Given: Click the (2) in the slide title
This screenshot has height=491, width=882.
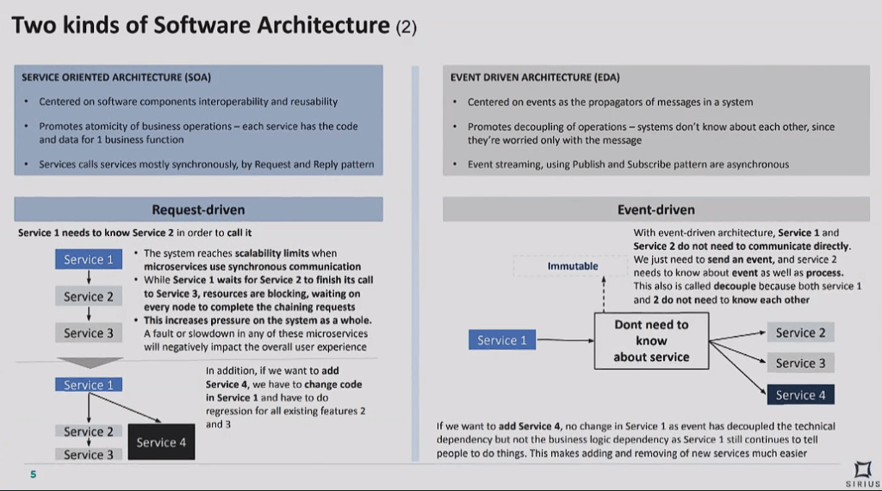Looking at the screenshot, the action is [407, 27].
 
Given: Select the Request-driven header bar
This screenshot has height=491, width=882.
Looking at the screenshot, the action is [199, 209].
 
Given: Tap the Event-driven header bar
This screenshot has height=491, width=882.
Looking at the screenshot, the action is [655, 209].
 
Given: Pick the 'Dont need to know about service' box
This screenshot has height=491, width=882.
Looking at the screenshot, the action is [651, 341].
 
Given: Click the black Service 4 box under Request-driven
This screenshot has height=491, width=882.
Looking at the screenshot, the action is [161, 442].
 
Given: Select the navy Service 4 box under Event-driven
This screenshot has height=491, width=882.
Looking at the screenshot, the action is [800, 395].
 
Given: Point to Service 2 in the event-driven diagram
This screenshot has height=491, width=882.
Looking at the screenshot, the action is [800, 333].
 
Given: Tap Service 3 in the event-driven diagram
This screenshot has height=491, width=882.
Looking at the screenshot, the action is [800, 364].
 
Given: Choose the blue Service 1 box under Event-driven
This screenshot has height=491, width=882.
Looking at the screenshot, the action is [502, 339].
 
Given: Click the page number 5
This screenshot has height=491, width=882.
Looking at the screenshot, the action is [34, 475].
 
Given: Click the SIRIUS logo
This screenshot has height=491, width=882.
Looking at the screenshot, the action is [863, 475].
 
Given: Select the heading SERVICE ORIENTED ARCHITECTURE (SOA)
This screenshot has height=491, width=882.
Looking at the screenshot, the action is [116, 78].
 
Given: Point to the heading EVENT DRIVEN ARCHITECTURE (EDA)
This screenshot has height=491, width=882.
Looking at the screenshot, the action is [535, 78].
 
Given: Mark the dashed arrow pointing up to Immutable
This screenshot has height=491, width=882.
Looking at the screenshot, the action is [604, 294].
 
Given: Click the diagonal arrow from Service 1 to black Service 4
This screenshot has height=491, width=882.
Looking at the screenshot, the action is [125, 407].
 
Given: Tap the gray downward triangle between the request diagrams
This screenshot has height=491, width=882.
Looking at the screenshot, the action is [90, 363].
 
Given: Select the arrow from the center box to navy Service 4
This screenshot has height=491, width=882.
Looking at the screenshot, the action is [737, 367].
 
